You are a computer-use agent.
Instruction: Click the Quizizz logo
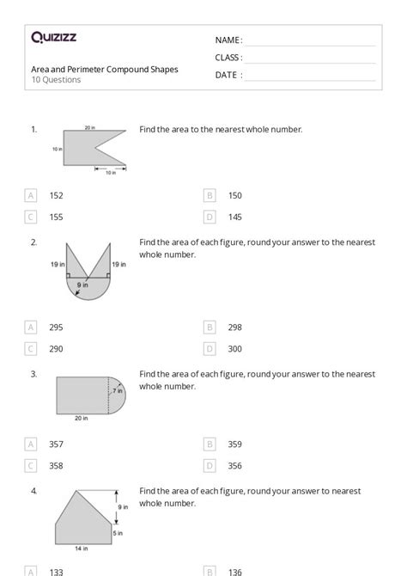click(54, 37)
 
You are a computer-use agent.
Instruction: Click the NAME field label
click(228, 40)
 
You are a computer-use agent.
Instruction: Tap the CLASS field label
click(228, 58)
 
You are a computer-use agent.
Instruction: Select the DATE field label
click(228, 75)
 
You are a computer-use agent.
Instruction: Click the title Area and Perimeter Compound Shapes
click(105, 69)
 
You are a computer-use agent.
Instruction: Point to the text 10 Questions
click(56, 80)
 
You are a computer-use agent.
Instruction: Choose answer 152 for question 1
click(56, 195)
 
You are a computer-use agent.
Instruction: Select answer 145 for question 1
click(234, 218)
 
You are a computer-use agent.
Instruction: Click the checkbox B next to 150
click(210, 195)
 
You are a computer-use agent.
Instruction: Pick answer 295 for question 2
click(56, 327)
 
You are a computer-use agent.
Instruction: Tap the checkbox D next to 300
click(210, 349)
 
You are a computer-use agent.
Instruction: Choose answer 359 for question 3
click(234, 444)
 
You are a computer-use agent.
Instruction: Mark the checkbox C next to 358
click(31, 465)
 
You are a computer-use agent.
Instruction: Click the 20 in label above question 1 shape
click(89, 127)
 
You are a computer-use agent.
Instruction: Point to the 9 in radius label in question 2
click(82, 285)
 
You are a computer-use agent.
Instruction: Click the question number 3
click(33, 374)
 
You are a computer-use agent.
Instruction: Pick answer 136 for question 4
click(234, 571)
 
